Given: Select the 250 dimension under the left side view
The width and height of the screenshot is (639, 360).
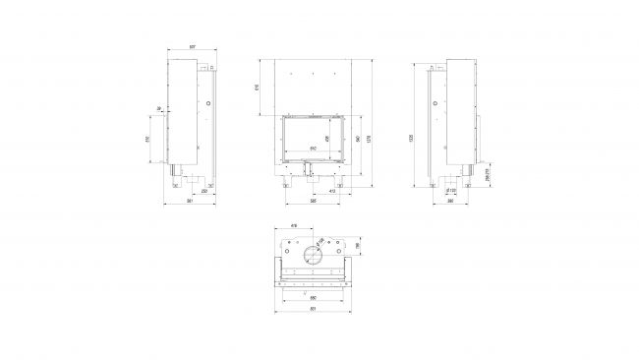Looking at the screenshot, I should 203,191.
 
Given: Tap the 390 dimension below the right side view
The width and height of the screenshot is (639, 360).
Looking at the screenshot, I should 449,203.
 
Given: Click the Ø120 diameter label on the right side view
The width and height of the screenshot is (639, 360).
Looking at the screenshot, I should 452,191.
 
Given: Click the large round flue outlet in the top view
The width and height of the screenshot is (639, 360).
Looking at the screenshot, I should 312,256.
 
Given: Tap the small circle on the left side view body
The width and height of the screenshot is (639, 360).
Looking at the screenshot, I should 207,104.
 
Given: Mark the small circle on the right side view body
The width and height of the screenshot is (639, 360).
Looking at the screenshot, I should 433,104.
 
